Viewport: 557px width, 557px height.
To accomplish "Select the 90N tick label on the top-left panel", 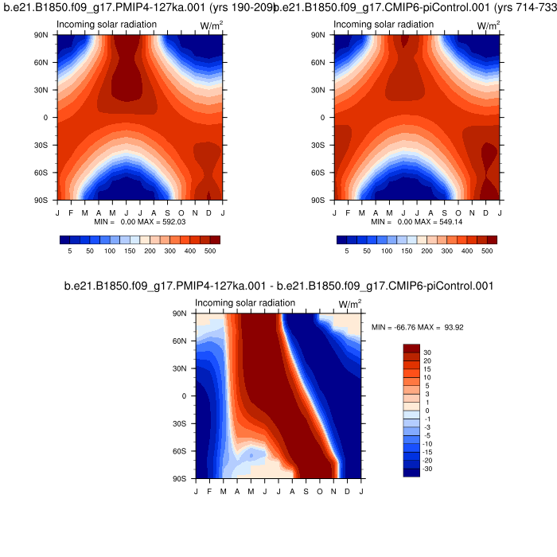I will tap(43, 35).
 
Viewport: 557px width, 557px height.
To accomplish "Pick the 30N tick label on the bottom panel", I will tap(181, 368).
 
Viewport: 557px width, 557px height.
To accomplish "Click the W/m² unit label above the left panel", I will tap(210, 26).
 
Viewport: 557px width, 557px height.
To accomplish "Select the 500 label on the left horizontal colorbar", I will tap(210, 250).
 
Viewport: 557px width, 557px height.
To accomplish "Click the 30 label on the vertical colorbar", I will tap(427, 352).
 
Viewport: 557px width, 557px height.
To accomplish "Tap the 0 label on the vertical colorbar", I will tap(425, 411).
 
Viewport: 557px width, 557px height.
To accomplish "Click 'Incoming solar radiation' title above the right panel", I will tap(384, 25).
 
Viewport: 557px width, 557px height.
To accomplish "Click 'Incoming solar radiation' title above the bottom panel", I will tap(245, 303).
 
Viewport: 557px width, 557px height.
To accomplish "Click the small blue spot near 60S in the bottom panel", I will tap(251, 455).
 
